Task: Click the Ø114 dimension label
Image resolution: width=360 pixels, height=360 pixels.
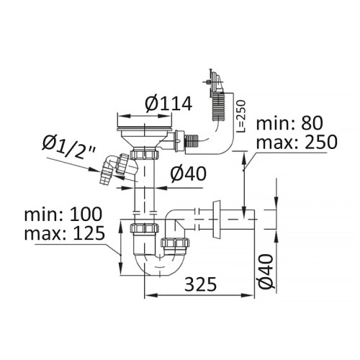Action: point(168,104)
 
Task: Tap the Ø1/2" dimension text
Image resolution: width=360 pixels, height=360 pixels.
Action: point(69,146)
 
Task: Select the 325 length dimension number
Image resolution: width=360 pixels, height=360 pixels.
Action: point(201,284)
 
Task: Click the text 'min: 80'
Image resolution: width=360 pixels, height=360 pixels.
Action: point(289,124)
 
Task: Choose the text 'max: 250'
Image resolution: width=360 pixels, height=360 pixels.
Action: point(297,143)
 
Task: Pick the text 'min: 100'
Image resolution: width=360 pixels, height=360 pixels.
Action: point(63,215)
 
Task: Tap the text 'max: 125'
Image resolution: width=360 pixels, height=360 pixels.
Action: point(65,233)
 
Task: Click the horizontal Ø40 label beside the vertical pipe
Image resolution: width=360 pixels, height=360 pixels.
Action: point(189,174)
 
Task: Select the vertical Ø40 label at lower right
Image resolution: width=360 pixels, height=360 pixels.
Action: point(266,271)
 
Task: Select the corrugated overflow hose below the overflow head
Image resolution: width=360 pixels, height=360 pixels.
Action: point(218,107)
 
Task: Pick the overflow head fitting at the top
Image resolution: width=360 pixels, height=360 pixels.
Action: point(215,81)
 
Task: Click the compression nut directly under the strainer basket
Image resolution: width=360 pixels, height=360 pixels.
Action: point(145,154)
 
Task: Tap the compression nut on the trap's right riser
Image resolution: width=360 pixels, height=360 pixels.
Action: point(175,243)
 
